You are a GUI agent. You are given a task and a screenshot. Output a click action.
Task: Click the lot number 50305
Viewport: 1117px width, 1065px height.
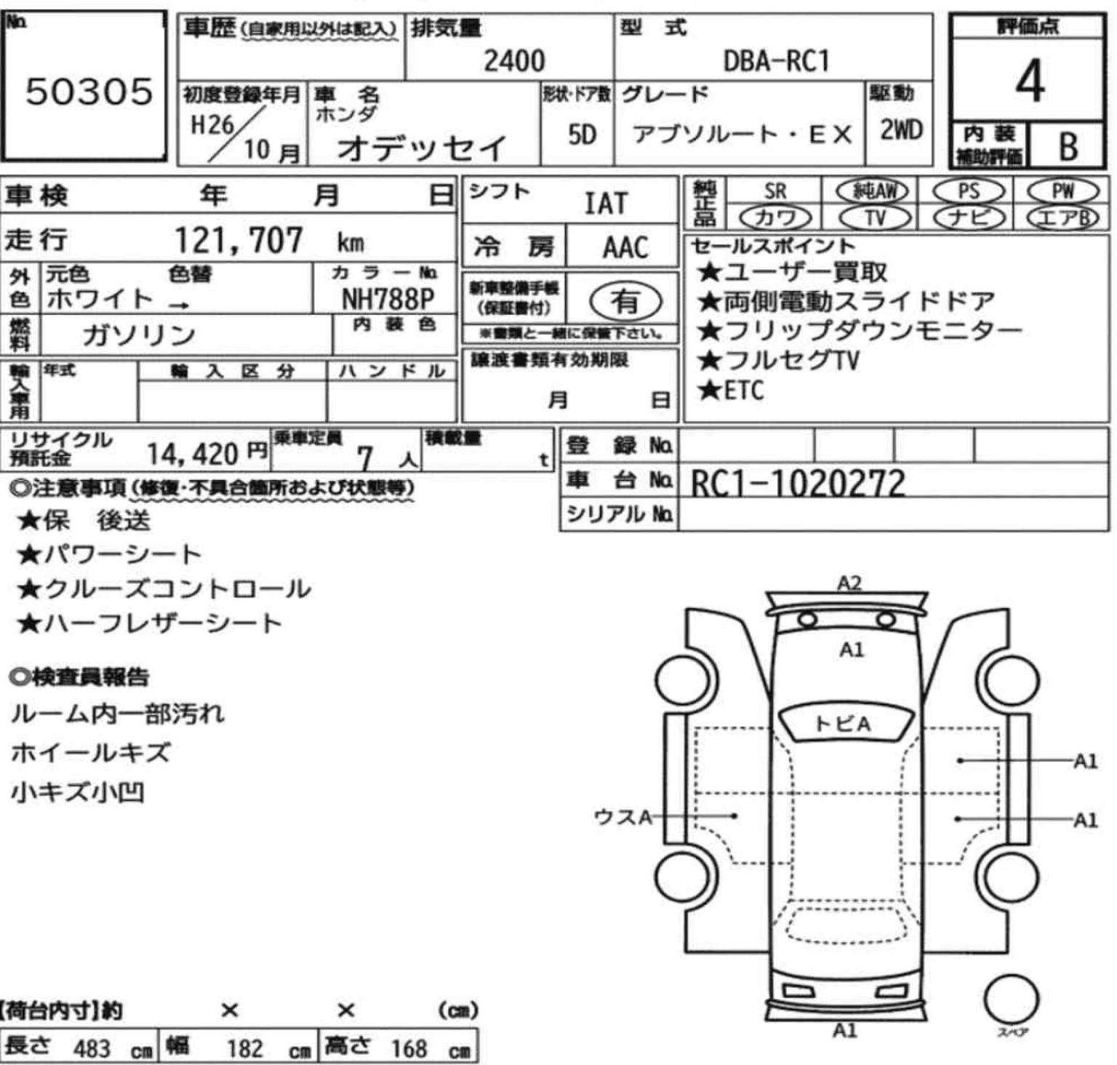89,92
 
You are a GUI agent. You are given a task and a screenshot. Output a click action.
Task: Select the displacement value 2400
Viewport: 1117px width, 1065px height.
514,61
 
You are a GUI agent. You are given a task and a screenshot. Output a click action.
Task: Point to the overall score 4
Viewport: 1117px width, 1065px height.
1030,81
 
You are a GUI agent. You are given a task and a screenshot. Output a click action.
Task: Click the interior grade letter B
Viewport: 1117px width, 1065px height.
1068,147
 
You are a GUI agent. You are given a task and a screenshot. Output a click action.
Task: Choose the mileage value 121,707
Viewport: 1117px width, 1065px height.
239,240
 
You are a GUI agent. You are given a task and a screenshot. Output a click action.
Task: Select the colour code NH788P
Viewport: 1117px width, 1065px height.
388,300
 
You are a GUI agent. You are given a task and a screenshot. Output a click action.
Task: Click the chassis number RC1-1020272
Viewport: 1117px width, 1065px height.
798,482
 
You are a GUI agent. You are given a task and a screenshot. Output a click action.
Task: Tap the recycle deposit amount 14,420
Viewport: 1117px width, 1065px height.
193,455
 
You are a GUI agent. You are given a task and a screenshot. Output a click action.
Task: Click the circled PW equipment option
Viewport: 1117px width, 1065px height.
1062,191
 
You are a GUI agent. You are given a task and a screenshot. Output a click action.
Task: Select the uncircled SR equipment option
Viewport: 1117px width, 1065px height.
775,191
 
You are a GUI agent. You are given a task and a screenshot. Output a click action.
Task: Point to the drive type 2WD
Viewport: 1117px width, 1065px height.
901,131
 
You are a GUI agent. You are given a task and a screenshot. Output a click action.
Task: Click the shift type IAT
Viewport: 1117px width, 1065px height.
606,204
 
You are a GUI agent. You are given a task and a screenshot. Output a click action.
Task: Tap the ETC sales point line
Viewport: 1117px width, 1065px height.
731,391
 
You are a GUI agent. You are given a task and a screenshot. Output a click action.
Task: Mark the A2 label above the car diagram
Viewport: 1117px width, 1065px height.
849,583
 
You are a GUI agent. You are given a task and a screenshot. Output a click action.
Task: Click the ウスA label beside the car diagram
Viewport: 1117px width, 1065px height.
622,817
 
